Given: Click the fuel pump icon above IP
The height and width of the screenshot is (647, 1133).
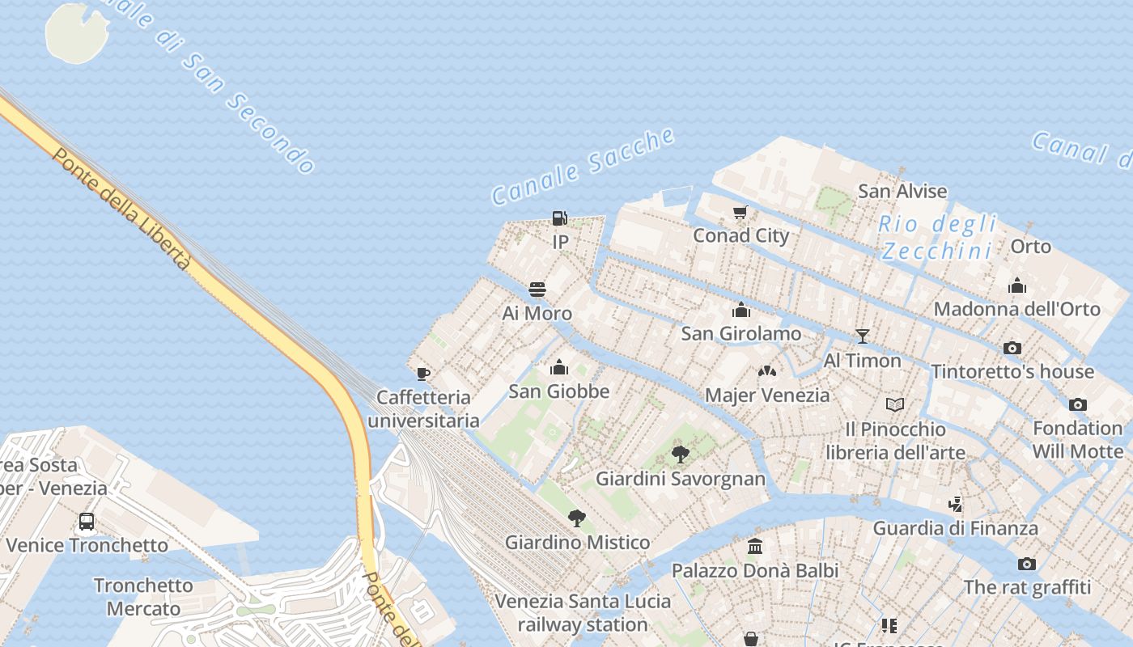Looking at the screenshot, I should click(559, 218).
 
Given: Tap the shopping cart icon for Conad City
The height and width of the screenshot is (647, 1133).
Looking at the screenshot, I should click(740, 213).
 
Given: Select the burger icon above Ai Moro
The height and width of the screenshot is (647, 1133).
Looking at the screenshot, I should click(537, 290).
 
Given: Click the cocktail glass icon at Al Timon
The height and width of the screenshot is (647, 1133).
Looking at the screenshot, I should click(862, 336).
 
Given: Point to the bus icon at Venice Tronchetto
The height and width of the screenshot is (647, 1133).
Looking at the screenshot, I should click(87, 522).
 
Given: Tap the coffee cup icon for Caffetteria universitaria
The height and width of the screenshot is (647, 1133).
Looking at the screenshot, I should click(422, 374).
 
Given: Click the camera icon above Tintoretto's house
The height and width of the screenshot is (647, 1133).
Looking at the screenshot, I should click(1012, 348).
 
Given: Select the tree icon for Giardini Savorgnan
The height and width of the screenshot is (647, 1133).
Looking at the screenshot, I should click(681, 454).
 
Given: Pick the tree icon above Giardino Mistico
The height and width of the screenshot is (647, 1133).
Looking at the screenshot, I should click(577, 518).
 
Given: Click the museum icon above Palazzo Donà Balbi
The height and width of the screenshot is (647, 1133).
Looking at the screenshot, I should click(755, 547).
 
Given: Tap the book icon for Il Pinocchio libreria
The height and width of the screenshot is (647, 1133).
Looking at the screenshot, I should click(895, 404).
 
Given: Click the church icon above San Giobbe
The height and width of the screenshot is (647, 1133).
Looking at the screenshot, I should click(558, 368).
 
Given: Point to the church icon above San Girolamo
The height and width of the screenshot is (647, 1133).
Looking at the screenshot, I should click(740, 310).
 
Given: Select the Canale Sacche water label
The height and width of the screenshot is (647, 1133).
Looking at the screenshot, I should click(583, 166).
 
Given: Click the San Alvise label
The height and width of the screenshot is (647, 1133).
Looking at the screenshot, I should click(902, 192).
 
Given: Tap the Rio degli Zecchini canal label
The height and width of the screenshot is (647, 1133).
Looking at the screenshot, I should click(937, 237).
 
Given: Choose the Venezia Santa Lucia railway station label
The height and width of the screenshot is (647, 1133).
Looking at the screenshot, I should click(583, 613).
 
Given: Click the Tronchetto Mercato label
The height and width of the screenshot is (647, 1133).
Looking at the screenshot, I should click(143, 597).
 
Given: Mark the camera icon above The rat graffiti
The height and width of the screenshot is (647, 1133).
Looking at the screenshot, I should click(1026, 564).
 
